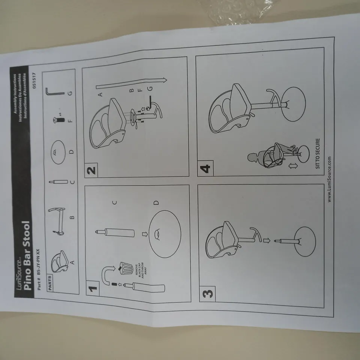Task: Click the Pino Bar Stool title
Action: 27,256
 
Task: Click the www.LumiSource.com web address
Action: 329,179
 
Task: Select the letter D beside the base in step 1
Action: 156,203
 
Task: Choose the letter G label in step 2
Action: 150,88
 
